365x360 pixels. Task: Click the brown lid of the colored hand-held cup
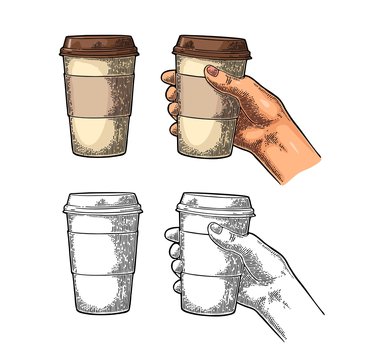210,46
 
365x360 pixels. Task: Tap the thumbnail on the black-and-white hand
215,230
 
